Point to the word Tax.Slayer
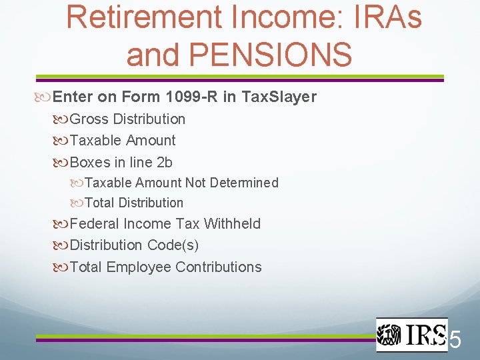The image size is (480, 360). point(279,97)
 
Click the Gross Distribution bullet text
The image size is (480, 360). point(127,119)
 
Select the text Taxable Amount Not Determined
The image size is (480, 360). point(181,183)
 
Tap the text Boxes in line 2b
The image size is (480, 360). point(121,162)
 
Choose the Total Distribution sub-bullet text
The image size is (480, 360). point(134,203)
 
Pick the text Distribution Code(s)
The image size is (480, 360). point(134,245)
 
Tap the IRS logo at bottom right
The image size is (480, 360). point(411,334)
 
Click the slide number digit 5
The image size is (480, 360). point(455,341)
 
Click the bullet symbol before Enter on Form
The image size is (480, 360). point(45,97)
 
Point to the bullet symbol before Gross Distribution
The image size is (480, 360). point(62,119)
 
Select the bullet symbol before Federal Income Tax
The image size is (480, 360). point(62,224)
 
